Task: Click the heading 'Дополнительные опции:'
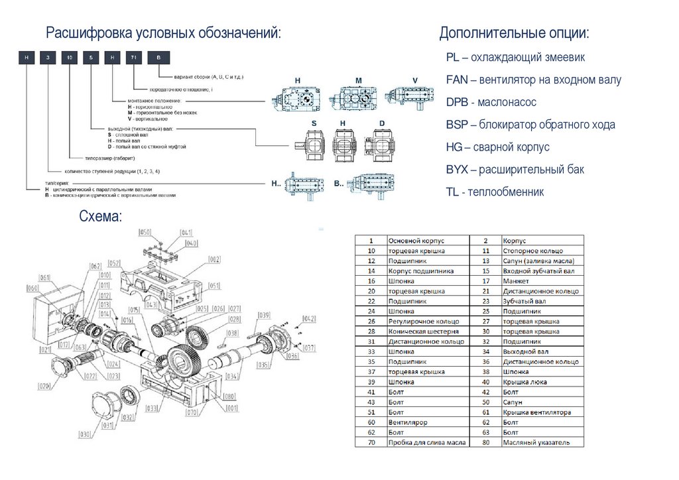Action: (514, 33)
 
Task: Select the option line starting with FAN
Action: (533, 80)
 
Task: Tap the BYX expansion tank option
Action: (515, 170)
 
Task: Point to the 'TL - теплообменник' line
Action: (495, 192)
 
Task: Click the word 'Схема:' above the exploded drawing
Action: (100, 216)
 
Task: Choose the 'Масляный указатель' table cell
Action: (536, 442)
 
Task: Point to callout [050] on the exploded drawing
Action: (145, 232)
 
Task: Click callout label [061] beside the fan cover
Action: (45, 278)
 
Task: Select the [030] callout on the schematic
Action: (85, 434)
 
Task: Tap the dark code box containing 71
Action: (133, 58)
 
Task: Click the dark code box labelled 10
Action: (70, 58)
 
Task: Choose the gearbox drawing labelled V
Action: (410, 97)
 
